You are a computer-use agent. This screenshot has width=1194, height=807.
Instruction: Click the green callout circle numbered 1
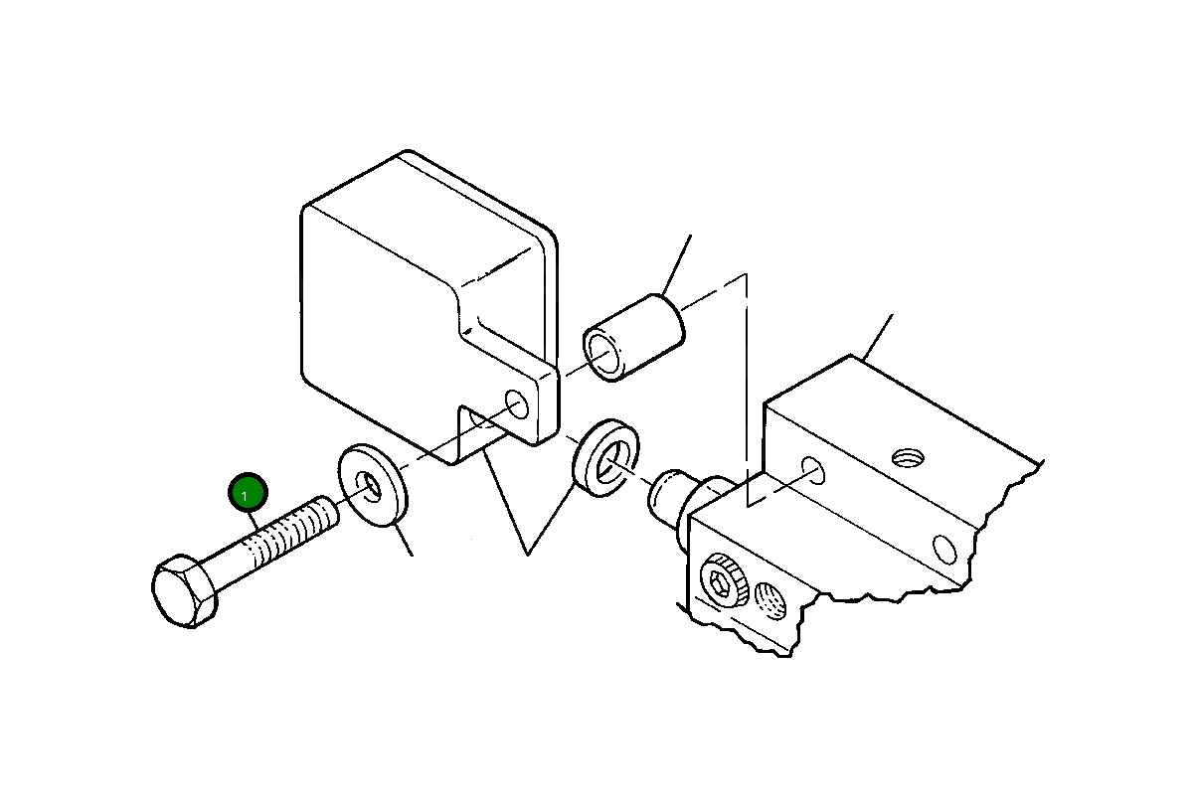247,493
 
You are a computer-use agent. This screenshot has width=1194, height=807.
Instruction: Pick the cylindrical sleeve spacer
632,338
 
